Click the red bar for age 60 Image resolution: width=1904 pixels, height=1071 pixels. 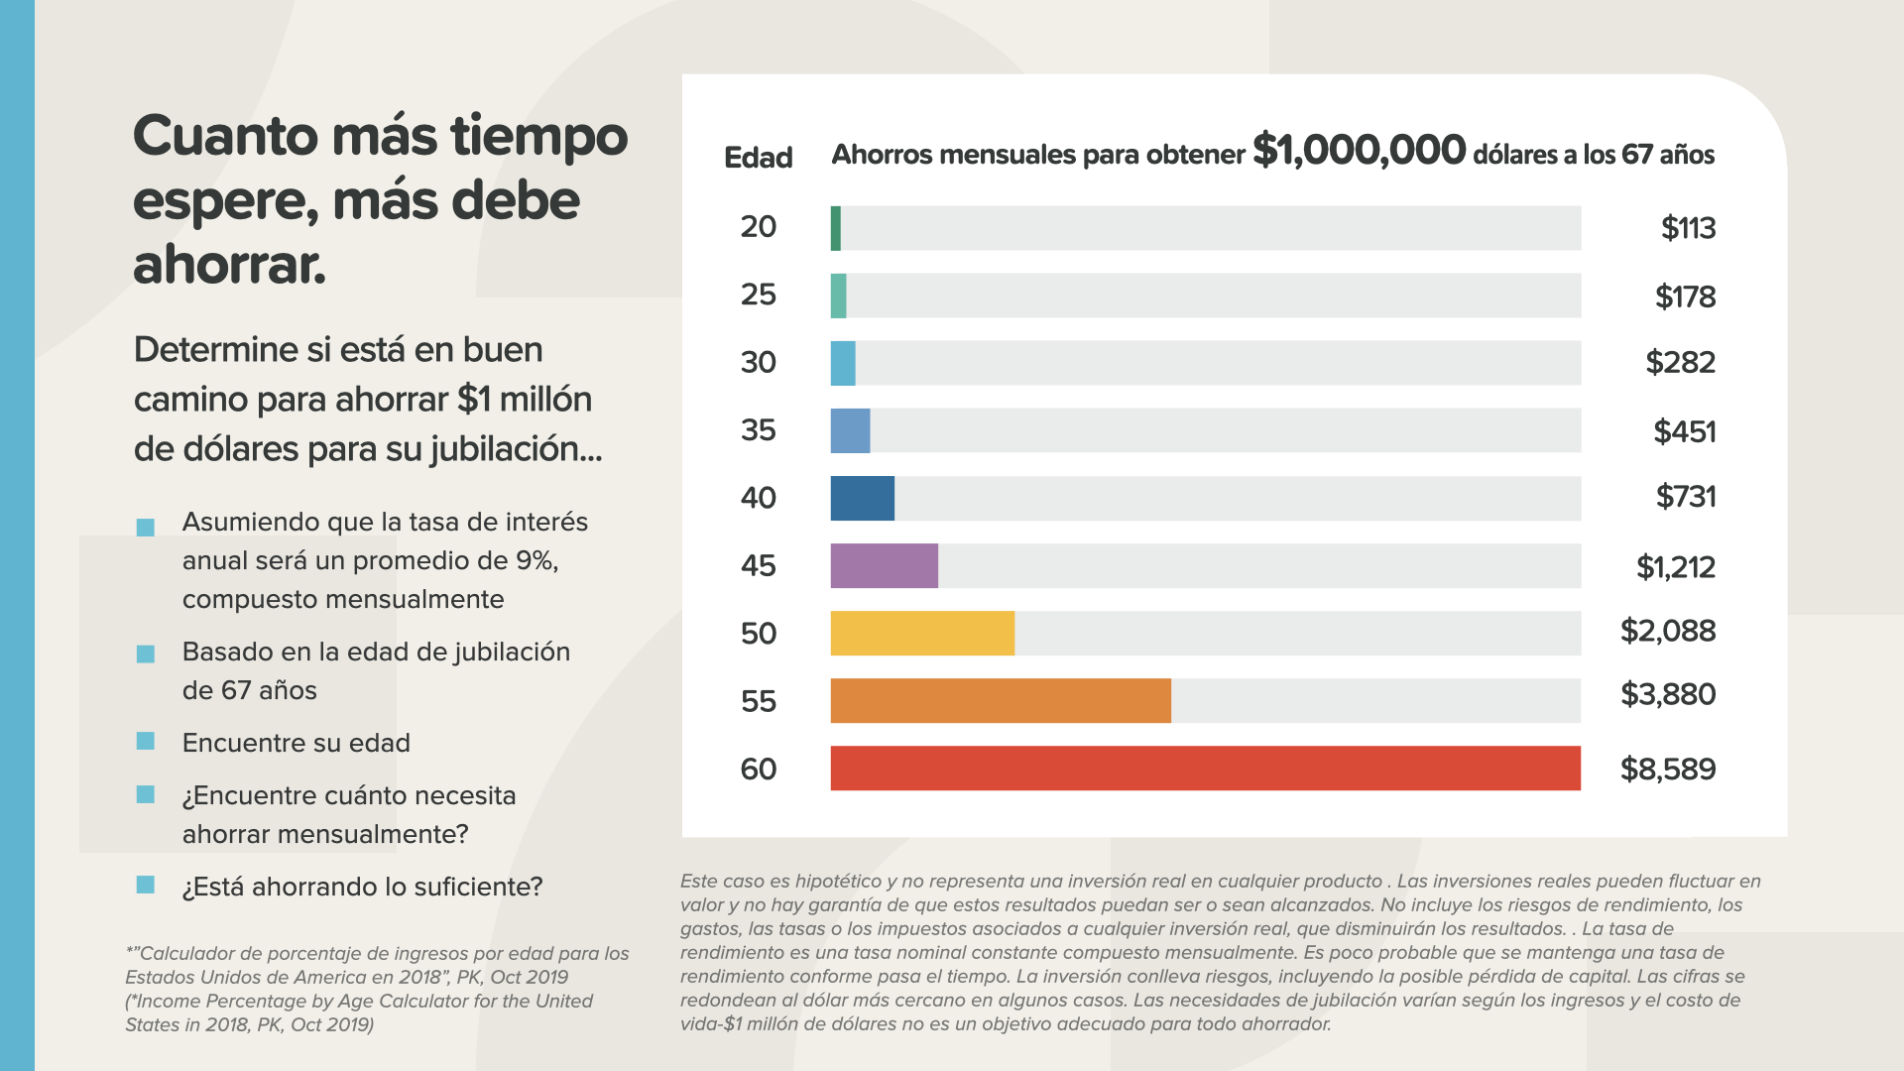tap(1205, 769)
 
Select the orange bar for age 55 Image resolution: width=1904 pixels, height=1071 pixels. tap(1001, 701)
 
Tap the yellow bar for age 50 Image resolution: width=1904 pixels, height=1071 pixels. tap(922, 634)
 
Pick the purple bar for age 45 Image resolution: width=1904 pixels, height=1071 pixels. tap(884, 566)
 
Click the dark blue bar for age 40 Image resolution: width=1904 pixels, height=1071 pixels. tap(862, 498)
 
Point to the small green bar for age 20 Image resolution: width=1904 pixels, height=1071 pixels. tap(836, 228)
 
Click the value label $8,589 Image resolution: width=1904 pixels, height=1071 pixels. tap(1667, 770)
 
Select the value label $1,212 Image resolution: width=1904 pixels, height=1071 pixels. tap(1675, 567)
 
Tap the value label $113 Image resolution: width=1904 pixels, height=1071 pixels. tap(1688, 228)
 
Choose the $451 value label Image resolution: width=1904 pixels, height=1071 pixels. tap(1684, 431)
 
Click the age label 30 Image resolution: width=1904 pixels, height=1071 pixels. tap(759, 363)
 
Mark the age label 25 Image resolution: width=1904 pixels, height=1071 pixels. tap(759, 295)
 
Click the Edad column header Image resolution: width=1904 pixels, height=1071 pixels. tap(759, 158)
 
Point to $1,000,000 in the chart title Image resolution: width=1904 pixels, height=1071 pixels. tap(1359, 151)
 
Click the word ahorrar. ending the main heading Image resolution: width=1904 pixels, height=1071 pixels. tap(230, 265)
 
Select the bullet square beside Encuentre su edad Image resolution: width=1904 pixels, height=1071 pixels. tap(146, 742)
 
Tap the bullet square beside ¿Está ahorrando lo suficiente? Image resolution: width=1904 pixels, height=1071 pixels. tap(146, 885)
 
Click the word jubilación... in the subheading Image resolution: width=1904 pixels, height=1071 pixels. tap(516, 450)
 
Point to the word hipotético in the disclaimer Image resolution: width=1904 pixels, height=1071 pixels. tap(838, 882)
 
